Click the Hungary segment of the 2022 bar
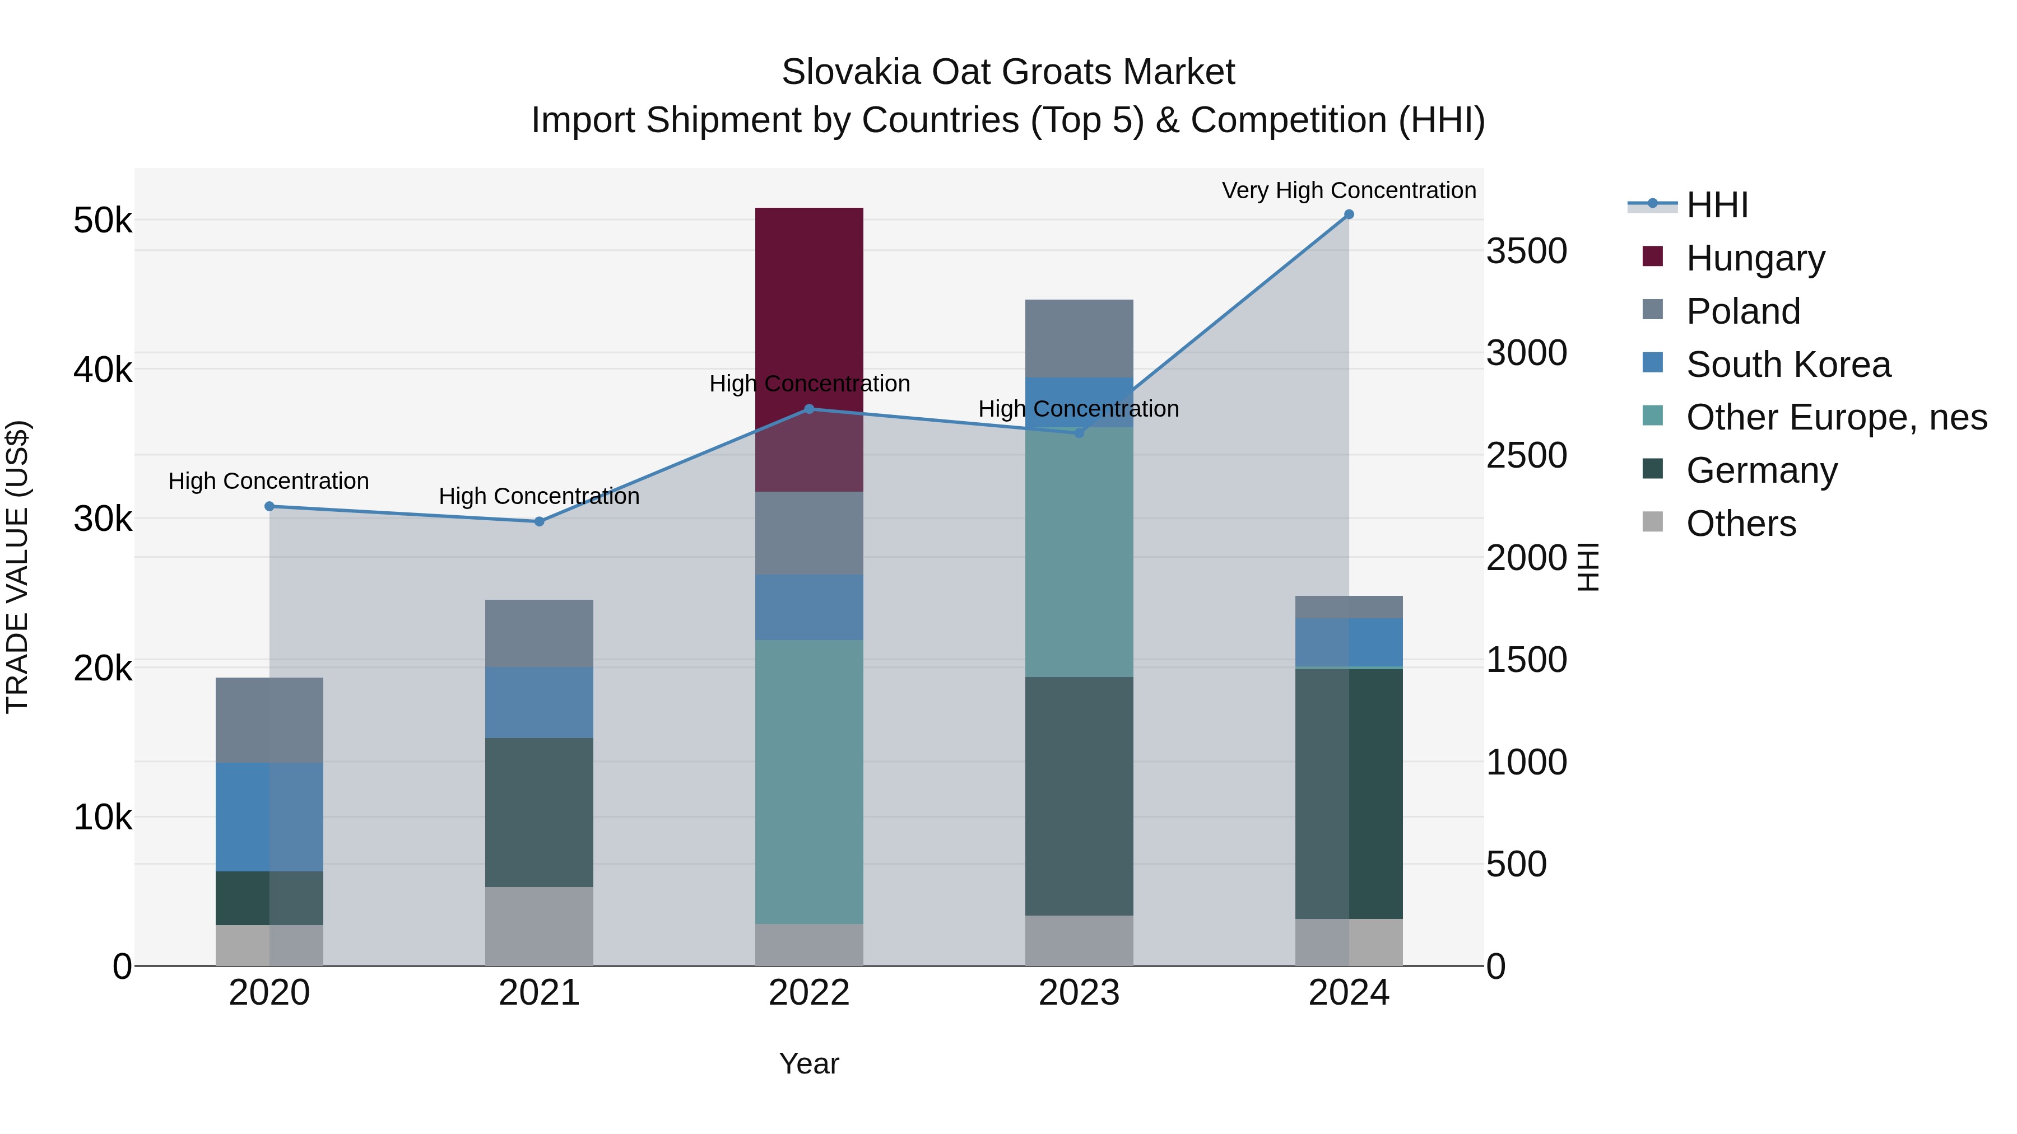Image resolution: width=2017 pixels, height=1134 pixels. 809,313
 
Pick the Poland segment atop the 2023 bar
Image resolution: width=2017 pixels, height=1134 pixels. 1079,338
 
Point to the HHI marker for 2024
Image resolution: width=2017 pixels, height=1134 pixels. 1349,214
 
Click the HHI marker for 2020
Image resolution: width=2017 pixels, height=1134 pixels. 269,506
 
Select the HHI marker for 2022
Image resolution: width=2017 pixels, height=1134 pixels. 809,409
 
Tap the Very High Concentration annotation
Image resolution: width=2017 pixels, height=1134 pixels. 1349,190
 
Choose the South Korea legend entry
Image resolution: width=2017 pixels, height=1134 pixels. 1788,365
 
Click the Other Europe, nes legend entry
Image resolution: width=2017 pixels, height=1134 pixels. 1836,417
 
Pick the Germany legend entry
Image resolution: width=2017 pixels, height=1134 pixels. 1761,470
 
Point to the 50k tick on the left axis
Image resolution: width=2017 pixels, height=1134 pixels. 103,221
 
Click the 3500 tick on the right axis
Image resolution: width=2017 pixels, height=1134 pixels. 1526,252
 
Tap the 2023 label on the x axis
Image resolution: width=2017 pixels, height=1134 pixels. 1079,993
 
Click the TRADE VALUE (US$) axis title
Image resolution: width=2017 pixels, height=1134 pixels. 17,567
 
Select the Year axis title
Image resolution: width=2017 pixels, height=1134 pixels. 809,1063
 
